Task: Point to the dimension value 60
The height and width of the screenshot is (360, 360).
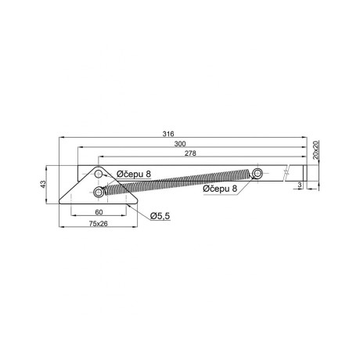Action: pos(99,212)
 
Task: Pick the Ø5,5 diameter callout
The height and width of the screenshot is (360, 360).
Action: pos(160,215)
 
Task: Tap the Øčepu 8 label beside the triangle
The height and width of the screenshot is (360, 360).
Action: pos(134,174)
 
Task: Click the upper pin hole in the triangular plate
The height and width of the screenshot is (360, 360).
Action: pos(99,175)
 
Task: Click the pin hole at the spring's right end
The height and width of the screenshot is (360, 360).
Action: pos(256,172)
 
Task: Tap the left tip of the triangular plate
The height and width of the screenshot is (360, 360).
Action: pos(63,201)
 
